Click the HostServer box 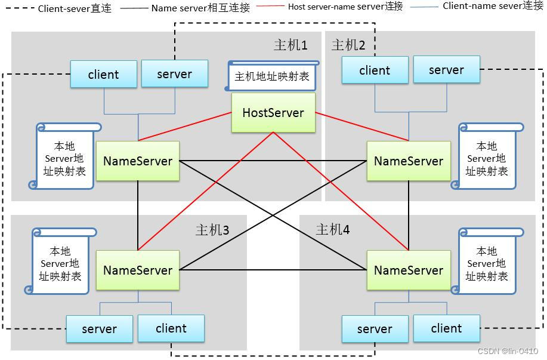pos(273,112)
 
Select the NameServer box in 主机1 pos(138,161)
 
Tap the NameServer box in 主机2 pos(409,161)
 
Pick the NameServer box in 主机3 pos(138,270)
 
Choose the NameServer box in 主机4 pos(409,270)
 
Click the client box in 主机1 pos(103,75)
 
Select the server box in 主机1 pos(174,74)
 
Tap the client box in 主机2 pos(375,70)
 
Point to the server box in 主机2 pos(446,70)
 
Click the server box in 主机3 pos(99,329)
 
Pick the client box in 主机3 pos(171,328)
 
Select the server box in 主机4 pos(375,329)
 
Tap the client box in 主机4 pos(446,328)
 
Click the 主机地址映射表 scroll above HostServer pos(272,76)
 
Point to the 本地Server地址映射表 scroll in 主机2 pos(487,157)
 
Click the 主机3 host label pos(212,230)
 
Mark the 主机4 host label pos(333,230)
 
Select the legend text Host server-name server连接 pos(345,7)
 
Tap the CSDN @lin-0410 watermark pos(508,352)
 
